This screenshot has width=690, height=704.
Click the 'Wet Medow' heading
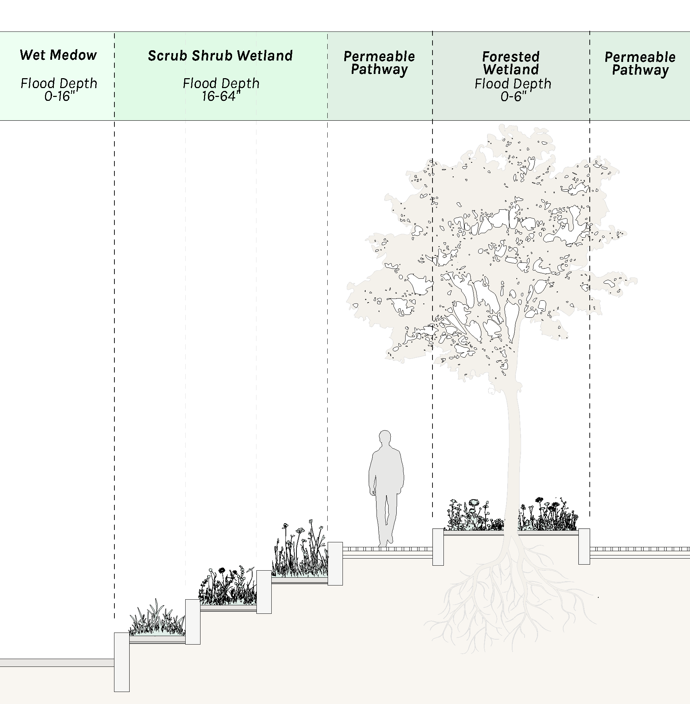(x=58, y=55)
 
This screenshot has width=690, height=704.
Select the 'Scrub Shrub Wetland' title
(x=220, y=56)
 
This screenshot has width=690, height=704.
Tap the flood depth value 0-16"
(x=58, y=96)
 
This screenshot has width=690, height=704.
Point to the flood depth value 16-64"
(x=221, y=96)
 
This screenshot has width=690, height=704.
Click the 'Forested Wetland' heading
(x=511, y=63)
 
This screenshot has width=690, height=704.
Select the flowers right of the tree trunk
(x=549, y=516)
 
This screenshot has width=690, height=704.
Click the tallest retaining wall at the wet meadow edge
(x=122, y=662)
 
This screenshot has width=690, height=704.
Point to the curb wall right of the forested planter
(x=584, y=547)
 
